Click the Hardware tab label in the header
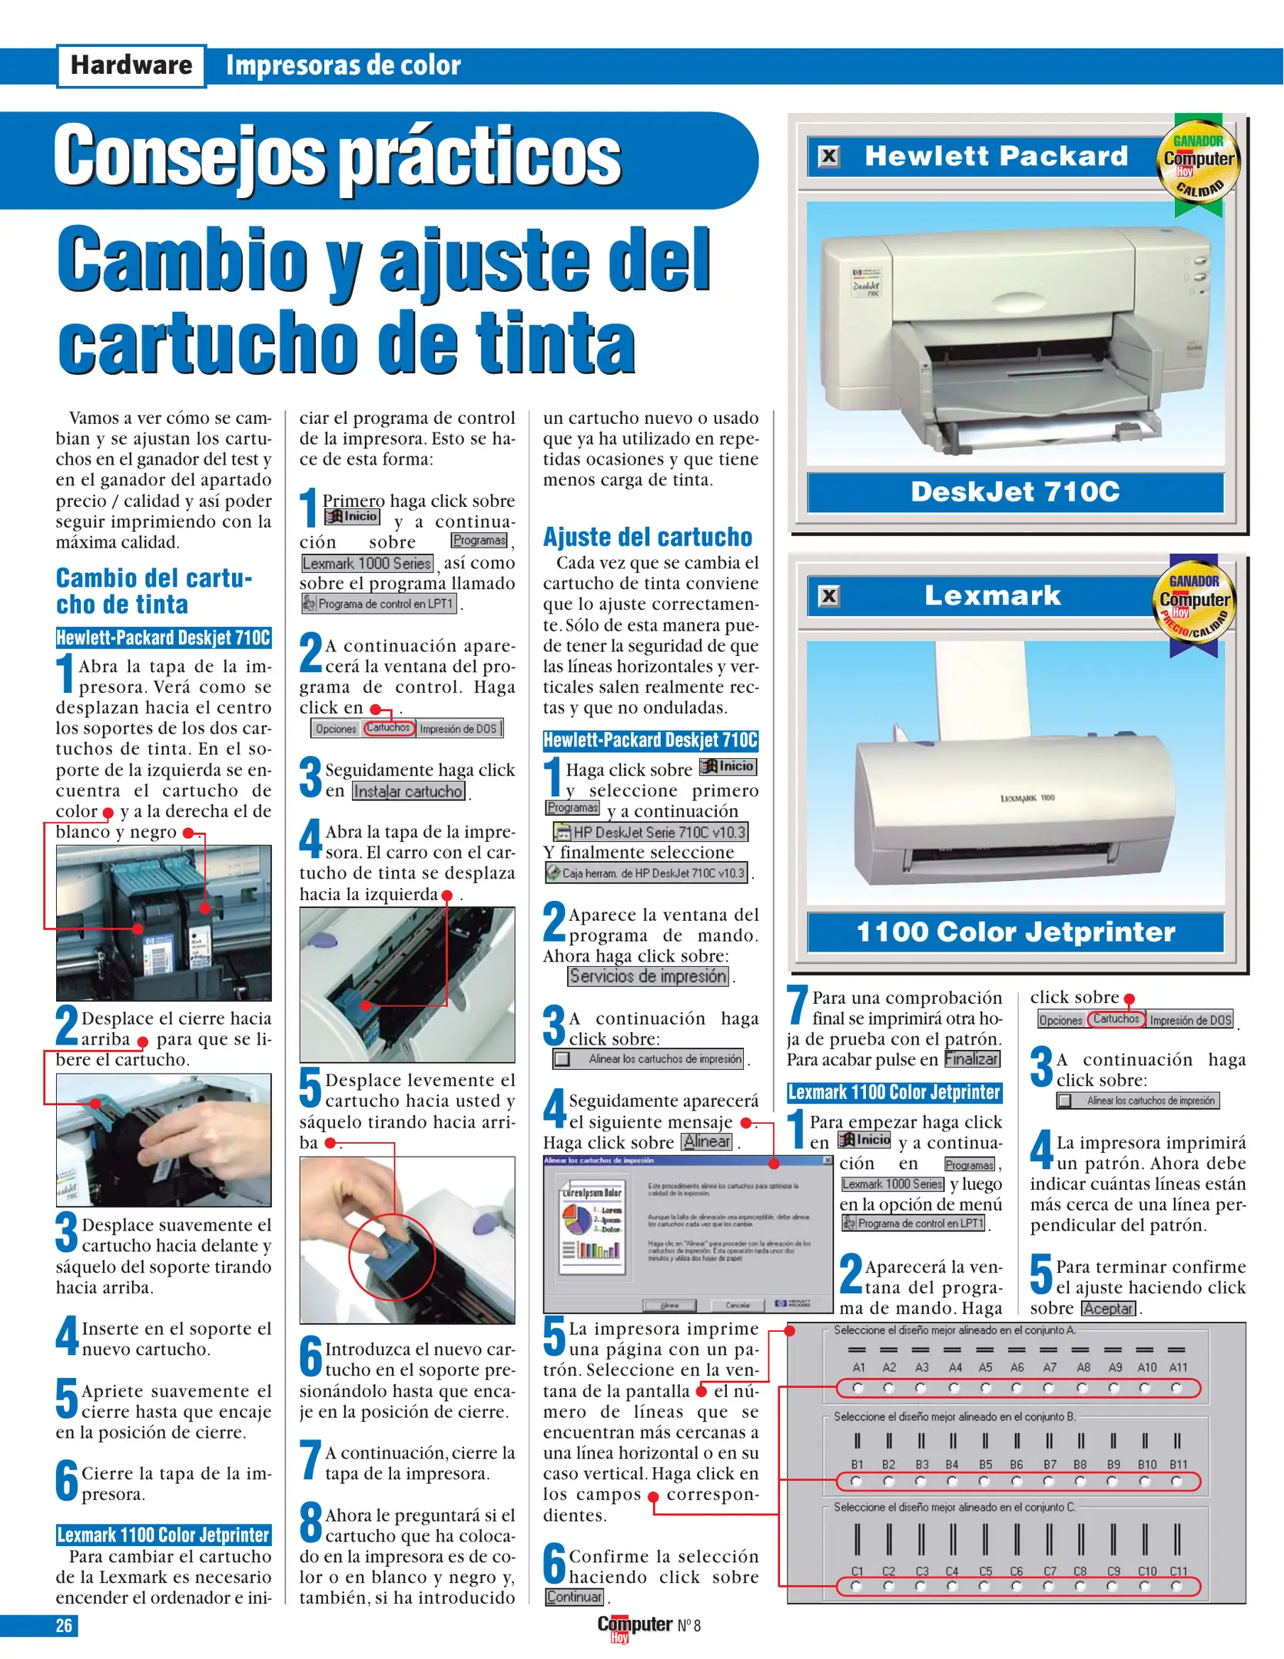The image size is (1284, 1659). (x=131, y=65)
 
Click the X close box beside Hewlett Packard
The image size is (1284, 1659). (x=829, y=157)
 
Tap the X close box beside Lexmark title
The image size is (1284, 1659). (x=829, y=596)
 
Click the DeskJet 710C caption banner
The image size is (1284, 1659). (x=1015, y=492)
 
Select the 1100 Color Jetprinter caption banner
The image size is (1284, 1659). (x=1015, y=932)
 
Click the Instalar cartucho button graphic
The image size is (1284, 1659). (x=408, y=791)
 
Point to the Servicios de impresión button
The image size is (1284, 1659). (x=648, y=976)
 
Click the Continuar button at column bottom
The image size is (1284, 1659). (x=574, y=1597)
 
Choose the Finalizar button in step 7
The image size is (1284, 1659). (x=971, y=1059)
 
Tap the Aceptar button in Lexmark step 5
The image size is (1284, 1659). (x=1108, y=1309)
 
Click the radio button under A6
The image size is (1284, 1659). (x=1017, y=1388)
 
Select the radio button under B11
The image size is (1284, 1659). (x=1176, y=1481)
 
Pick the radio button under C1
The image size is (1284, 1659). (x=857, y=1586)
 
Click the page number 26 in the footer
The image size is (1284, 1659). (x=64, y=1625)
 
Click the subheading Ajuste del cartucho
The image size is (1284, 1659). (x=647, y=537)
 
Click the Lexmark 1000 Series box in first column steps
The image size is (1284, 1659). (x=367, y=563)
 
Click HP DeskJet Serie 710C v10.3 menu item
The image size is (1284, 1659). (x=650, y=832)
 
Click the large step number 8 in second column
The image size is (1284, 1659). (x=310, y=1522)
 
